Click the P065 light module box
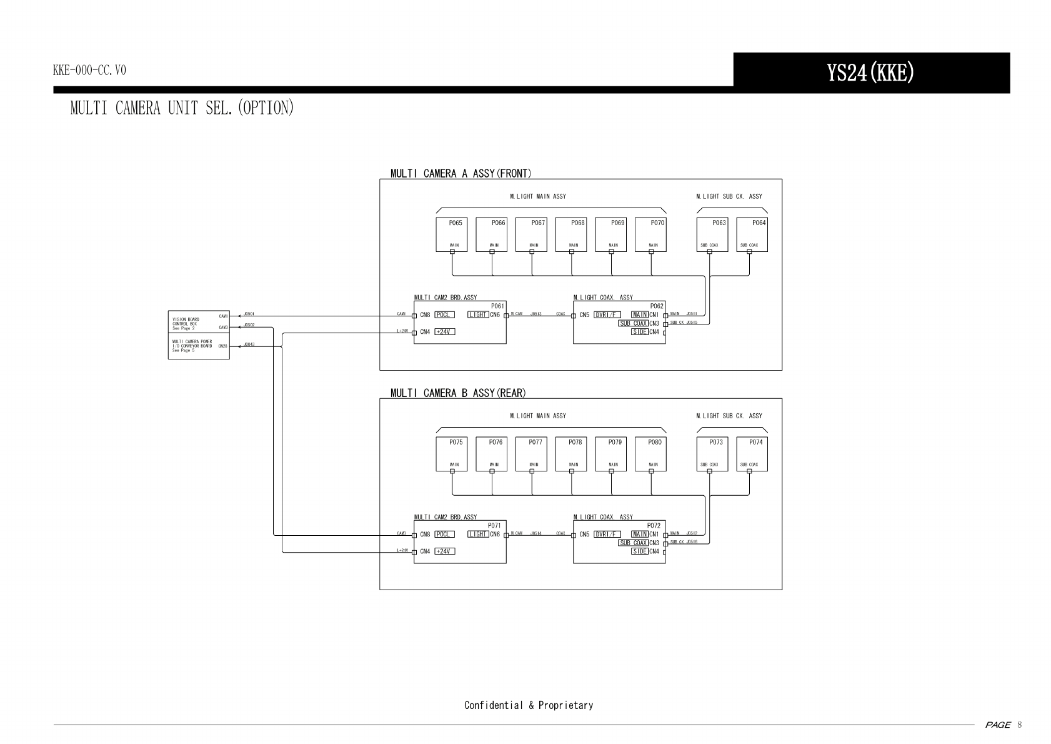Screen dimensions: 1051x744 [452, 234]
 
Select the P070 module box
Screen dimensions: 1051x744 [650, 234]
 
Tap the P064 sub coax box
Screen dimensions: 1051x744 [752, 234]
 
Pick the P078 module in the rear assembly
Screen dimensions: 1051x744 [571, 454]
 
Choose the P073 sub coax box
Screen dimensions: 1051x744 [712, 454]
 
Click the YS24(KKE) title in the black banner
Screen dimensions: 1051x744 [870, 73]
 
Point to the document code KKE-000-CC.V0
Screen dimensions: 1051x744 [89, 70]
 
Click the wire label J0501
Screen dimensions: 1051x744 [249, 314]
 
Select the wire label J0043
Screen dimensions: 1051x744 [249, 344]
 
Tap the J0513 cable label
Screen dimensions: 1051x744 [535, 314]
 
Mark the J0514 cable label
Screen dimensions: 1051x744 [535, 533]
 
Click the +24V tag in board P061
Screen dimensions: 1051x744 [444, 332]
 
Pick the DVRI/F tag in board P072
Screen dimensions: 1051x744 [607, 535]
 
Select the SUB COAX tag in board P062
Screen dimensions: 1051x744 [633, 323]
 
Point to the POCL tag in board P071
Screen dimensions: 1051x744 [444, 535]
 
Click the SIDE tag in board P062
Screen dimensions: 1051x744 [639, 332]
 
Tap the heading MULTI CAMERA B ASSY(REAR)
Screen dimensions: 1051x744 [458, 393]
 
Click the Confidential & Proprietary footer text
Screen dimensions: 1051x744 [529, 705]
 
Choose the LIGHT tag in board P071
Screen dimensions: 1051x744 [478, 535]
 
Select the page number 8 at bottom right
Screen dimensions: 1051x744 [1020, 725]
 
